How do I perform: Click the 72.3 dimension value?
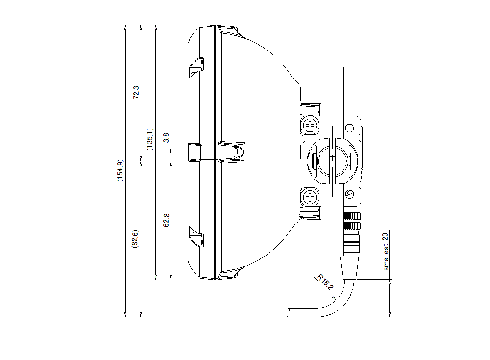137,93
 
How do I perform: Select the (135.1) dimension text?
150,139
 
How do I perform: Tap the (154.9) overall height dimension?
120,171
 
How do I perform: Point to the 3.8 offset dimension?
166,137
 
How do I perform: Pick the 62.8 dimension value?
166,220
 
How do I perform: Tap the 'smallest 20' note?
386,251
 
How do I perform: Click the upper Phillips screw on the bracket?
310,125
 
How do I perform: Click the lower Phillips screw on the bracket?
310,197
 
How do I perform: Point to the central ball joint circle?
332,160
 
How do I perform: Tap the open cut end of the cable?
289,311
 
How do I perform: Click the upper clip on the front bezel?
196,67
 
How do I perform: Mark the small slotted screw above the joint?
349,128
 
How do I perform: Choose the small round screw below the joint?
349,195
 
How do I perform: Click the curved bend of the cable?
343,299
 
